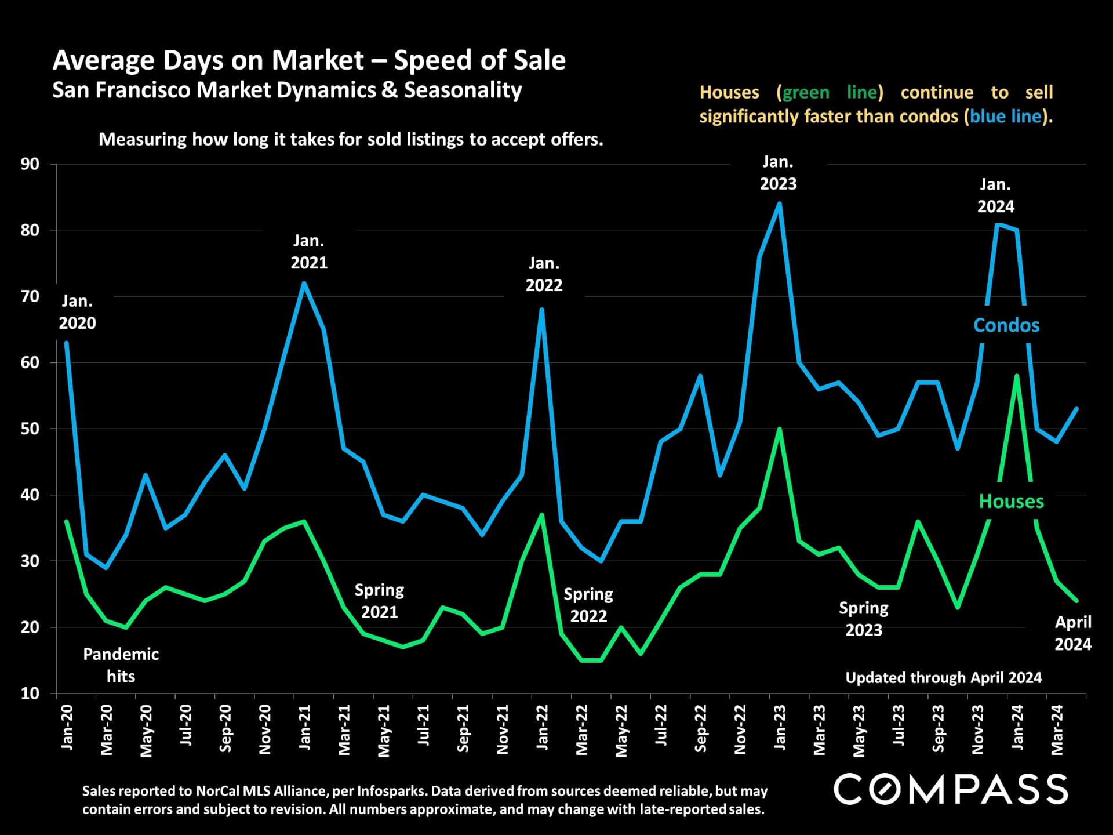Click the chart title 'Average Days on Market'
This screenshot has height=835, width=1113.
click(309, 60)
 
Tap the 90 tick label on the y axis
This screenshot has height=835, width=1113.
click(30, 164)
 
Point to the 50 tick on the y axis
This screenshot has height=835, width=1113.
click(30, 429)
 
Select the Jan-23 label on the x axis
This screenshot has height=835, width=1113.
click(780, 728)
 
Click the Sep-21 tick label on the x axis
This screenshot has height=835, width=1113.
click(463, 729)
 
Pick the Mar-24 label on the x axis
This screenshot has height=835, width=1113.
click(1057, 730)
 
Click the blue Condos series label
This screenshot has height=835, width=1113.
click(1006, 325)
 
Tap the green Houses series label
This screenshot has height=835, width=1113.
click(1011, 501)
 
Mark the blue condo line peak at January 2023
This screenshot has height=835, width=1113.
click(779, 204)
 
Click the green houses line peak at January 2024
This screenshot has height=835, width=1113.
click(1017, 376)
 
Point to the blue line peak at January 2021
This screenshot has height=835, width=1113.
click(304, 283)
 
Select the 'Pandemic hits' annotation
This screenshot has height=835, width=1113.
click(121, 665)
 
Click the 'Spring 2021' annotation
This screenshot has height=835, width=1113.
click(379, 601)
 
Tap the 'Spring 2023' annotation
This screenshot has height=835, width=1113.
click(863, 619)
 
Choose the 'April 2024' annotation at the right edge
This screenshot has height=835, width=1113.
click(1072, 633)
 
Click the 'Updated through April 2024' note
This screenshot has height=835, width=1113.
click(943, 677)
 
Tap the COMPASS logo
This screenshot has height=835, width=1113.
click(950, 789)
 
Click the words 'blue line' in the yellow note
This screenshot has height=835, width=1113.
click(1005, 117)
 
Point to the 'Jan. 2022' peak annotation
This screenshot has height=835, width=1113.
click(544, 274)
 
